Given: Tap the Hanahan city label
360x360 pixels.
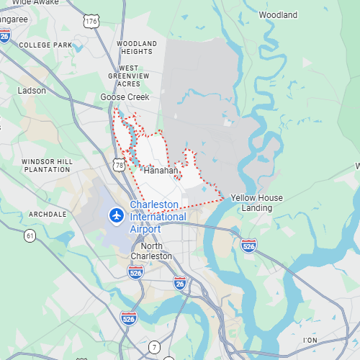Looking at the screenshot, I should pos(160,171).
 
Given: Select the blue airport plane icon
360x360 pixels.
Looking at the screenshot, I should pos(115,215).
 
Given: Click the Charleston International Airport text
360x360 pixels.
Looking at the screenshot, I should pos(158,217).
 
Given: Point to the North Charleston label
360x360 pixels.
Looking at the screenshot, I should pos(151,251).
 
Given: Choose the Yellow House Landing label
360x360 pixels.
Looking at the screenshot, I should pos(256,203).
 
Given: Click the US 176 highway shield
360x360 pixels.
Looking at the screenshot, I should pos(91,22).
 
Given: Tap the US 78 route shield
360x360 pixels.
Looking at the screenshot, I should pos(120,165).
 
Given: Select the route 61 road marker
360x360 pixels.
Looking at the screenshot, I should pos(30,235).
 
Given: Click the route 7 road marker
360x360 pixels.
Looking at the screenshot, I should pos(154,348).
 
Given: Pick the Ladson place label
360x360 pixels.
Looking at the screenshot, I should pos(32,91).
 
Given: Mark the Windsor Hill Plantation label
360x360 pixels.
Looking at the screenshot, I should pos(47,165).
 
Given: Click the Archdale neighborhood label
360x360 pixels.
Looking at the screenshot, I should pos(48,215).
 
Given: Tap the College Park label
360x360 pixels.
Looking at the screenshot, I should pos(46,45).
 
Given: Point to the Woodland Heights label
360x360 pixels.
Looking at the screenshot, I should pos(136,48).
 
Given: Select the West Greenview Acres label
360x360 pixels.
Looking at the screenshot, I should pos(129,76).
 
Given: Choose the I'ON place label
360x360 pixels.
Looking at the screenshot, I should pos(310,340).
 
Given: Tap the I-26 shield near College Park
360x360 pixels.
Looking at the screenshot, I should pos(5,36).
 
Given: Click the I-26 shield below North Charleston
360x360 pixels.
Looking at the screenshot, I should pos(179,284).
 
